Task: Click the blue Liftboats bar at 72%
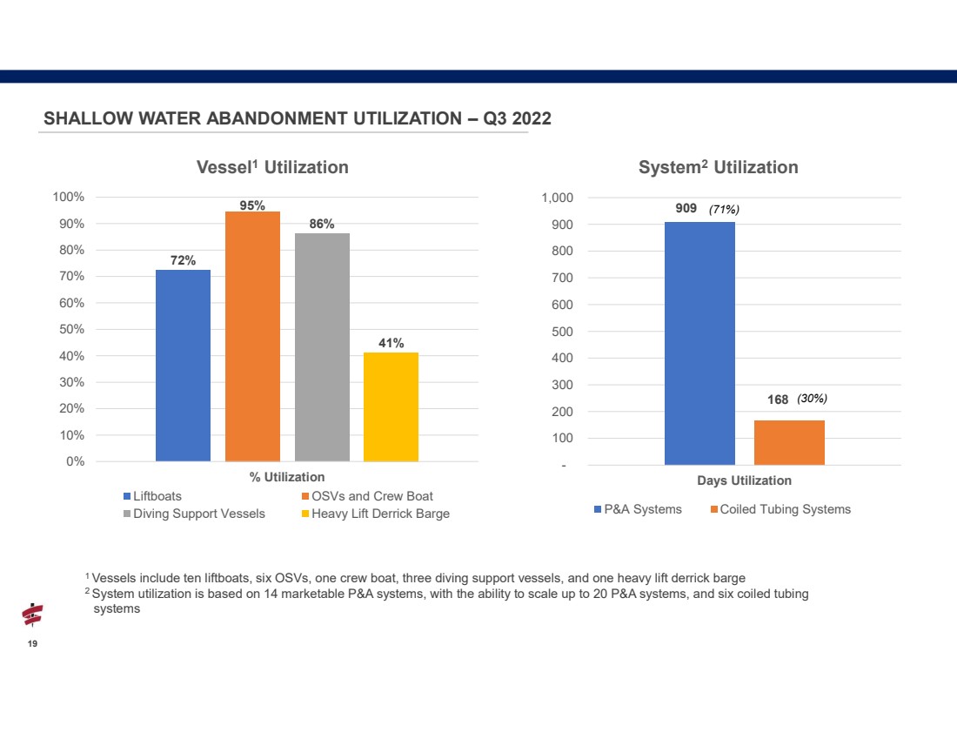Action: point(183,366)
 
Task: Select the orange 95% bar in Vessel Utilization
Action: point(252,337)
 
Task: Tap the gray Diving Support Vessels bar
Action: point(322,347)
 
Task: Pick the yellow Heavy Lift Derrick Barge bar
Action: point(391,406)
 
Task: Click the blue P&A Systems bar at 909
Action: point(699,343)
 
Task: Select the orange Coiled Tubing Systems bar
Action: point(789,443)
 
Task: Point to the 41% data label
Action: point(391,343)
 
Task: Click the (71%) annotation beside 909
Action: point(724,210)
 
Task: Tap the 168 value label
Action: point(778,400)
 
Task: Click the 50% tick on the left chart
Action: point(71,329)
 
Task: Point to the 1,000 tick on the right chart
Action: point(557,198)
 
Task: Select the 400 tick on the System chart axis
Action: point(562,358)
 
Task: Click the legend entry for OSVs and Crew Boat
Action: point(367,496)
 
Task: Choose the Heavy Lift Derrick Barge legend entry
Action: point(375,514)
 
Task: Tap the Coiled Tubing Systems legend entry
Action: point(780,509)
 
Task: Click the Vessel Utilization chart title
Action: point(272,167)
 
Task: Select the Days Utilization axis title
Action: point(744,480)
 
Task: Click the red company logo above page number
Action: point(32,615)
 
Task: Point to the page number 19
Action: point(32,644)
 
